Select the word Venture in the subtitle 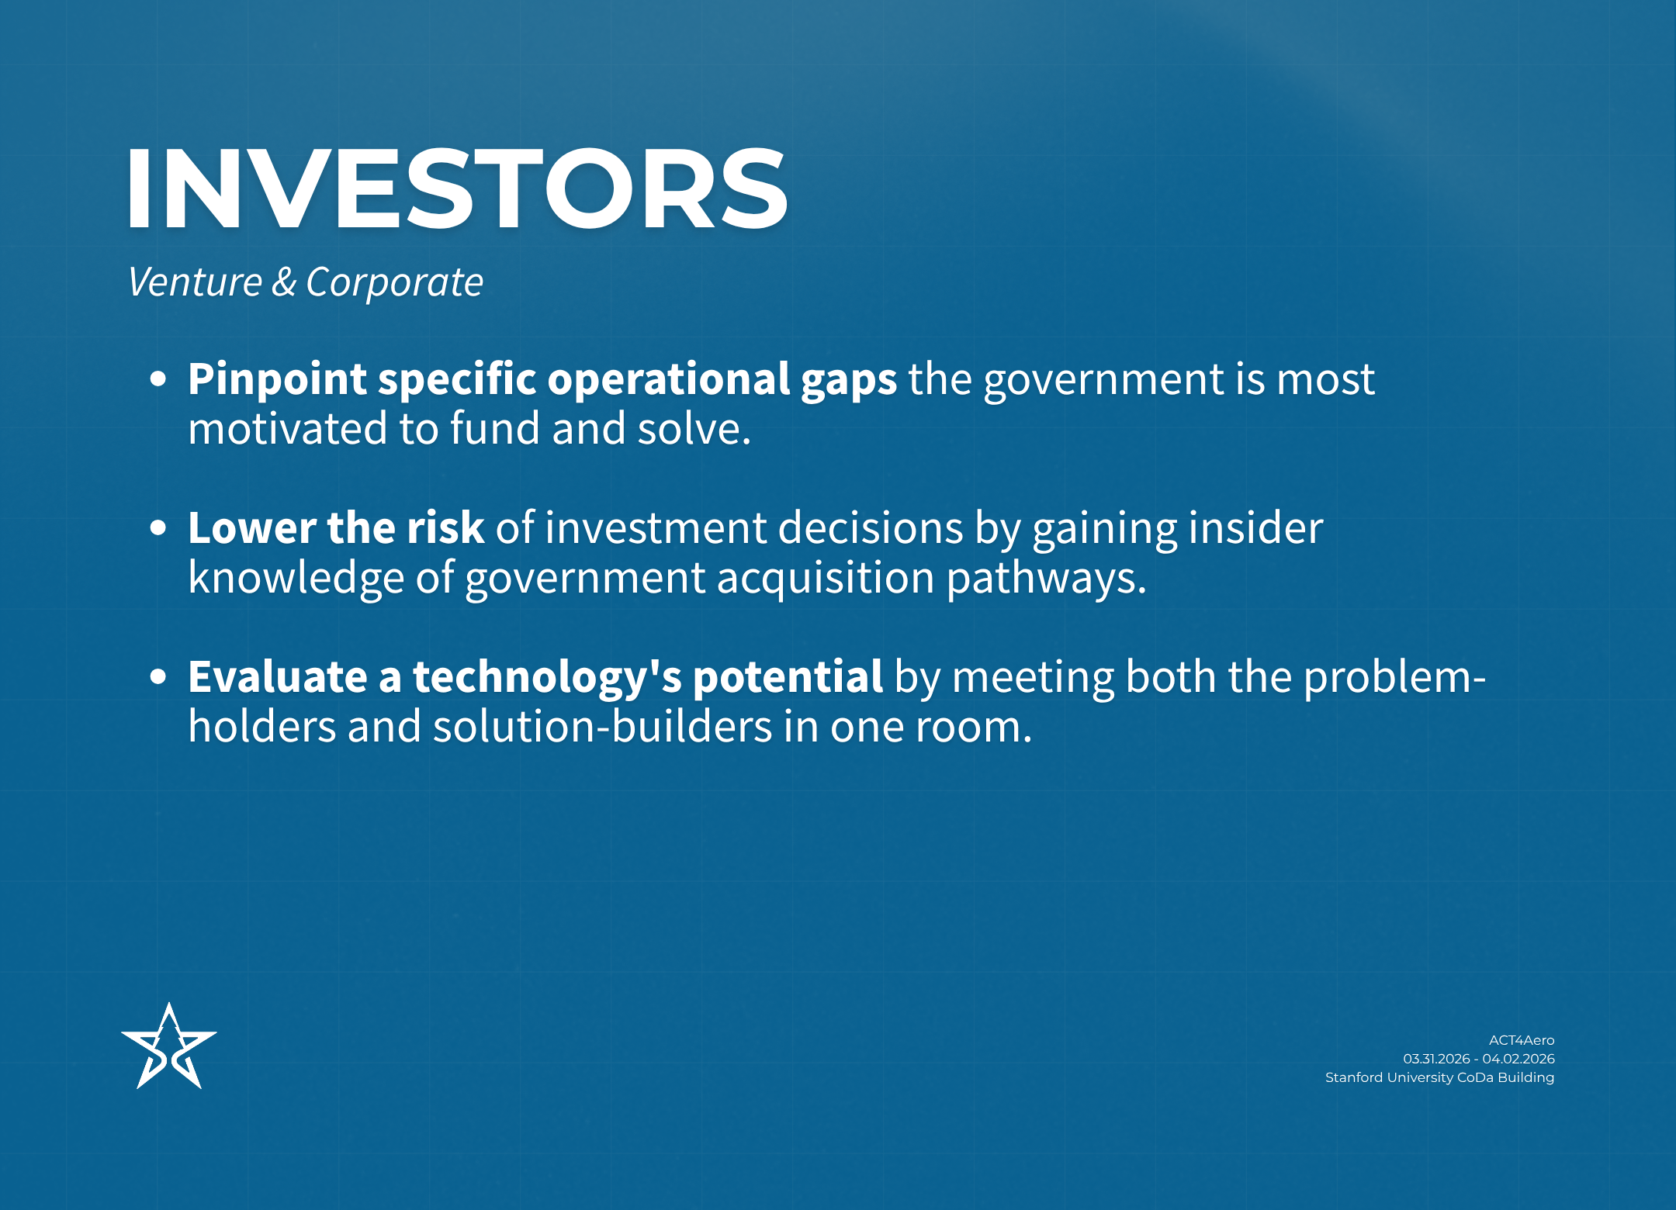click(x=196, y=282)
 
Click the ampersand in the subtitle click(x=284, y=282)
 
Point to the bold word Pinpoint click(x=277, y=379)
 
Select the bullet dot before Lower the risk click(x=158, y=528)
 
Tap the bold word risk click(x=445, y=528)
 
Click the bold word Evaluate click(x=278, y=677)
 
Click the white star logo click(x=169, y=1046)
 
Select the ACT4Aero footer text click(x=1522, y=1040)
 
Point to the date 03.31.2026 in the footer click(x=1436, y=1059)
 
